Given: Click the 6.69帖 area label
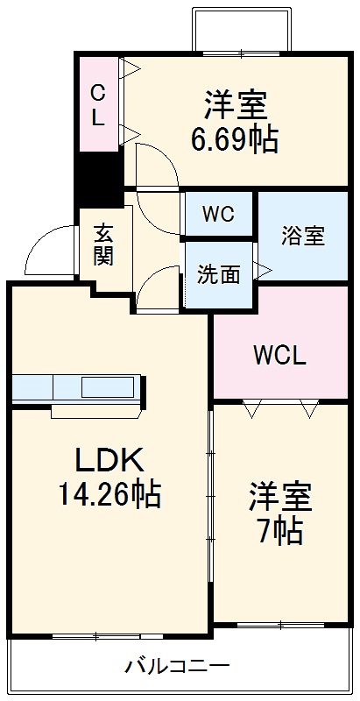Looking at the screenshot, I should [235, 138].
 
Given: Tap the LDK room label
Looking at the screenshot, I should [107, 459].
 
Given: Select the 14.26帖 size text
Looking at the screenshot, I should [109, 495].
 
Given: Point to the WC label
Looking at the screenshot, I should [218, 215].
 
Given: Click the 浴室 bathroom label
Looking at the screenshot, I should [303, 236].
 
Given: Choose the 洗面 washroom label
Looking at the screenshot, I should [218, 274].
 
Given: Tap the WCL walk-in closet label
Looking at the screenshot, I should [279, 356].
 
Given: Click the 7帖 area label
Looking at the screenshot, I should [280, 530].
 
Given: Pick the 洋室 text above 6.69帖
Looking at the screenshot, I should [235, 106].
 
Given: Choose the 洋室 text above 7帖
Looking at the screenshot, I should [280, 497].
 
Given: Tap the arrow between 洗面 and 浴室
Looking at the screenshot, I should [260, 272].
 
